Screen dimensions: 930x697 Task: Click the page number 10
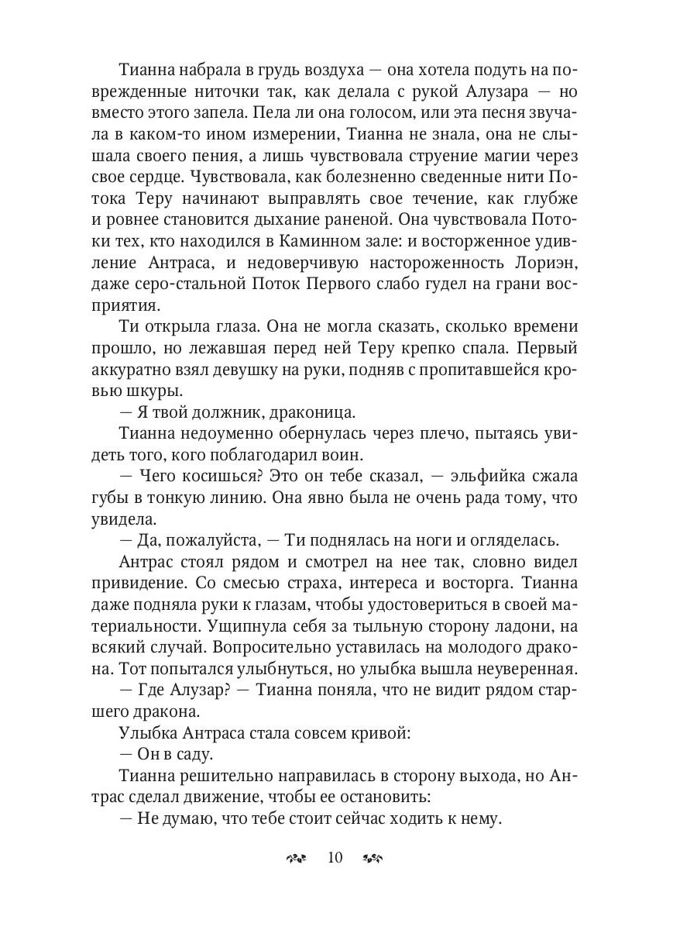point(335,857)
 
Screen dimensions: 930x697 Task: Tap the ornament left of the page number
point(297,858)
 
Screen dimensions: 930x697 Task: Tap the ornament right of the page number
point(373,858)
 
